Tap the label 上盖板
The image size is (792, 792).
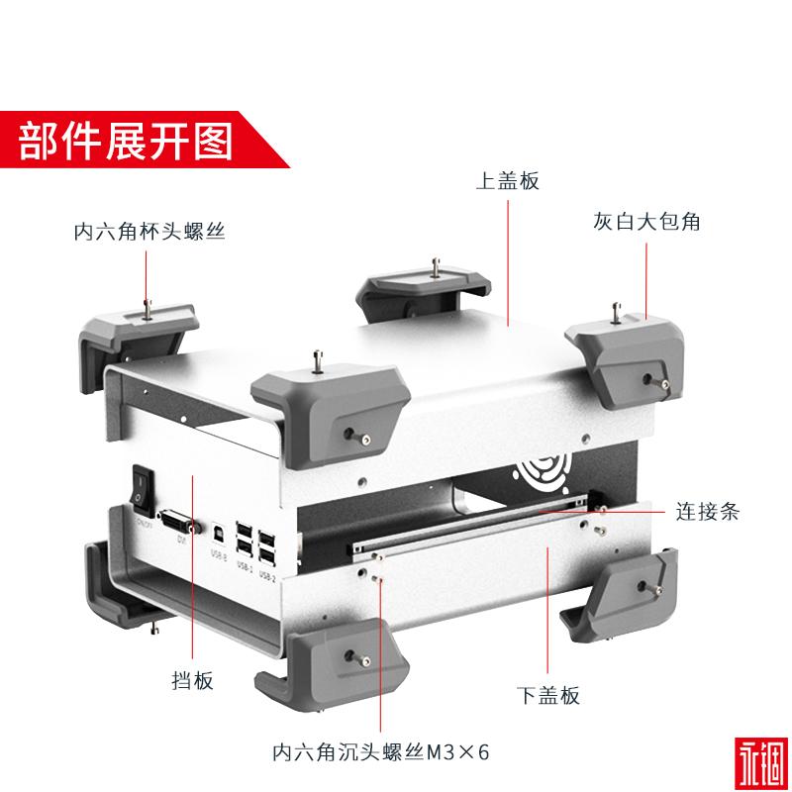click(507, 181)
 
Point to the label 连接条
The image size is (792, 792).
click(707, 512)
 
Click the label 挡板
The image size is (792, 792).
click(192, 682)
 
